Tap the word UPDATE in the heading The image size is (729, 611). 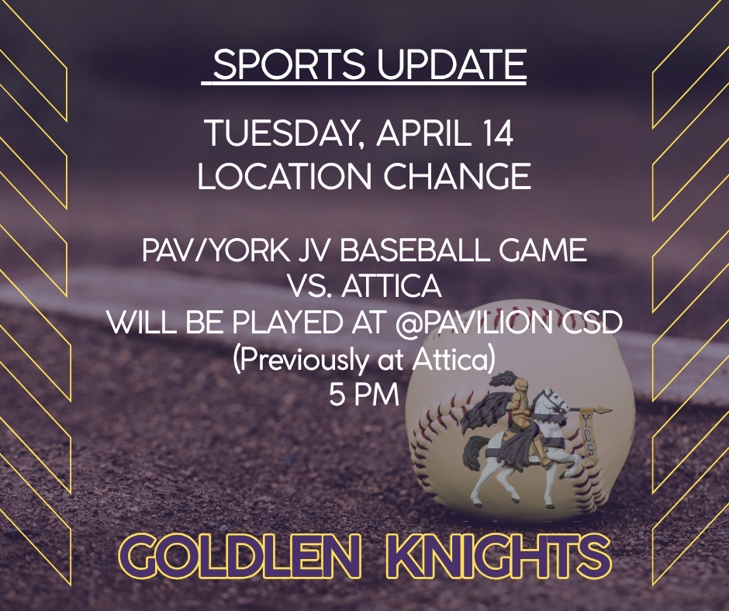(451, 64)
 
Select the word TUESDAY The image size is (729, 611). (284, 134)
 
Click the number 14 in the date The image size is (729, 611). (495, 133)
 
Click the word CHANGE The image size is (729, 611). (457, 176)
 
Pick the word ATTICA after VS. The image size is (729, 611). (392, 286)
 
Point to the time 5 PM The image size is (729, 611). (364, 395)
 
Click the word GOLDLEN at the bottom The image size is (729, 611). (240, 555)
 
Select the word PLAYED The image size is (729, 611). (287, 322)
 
